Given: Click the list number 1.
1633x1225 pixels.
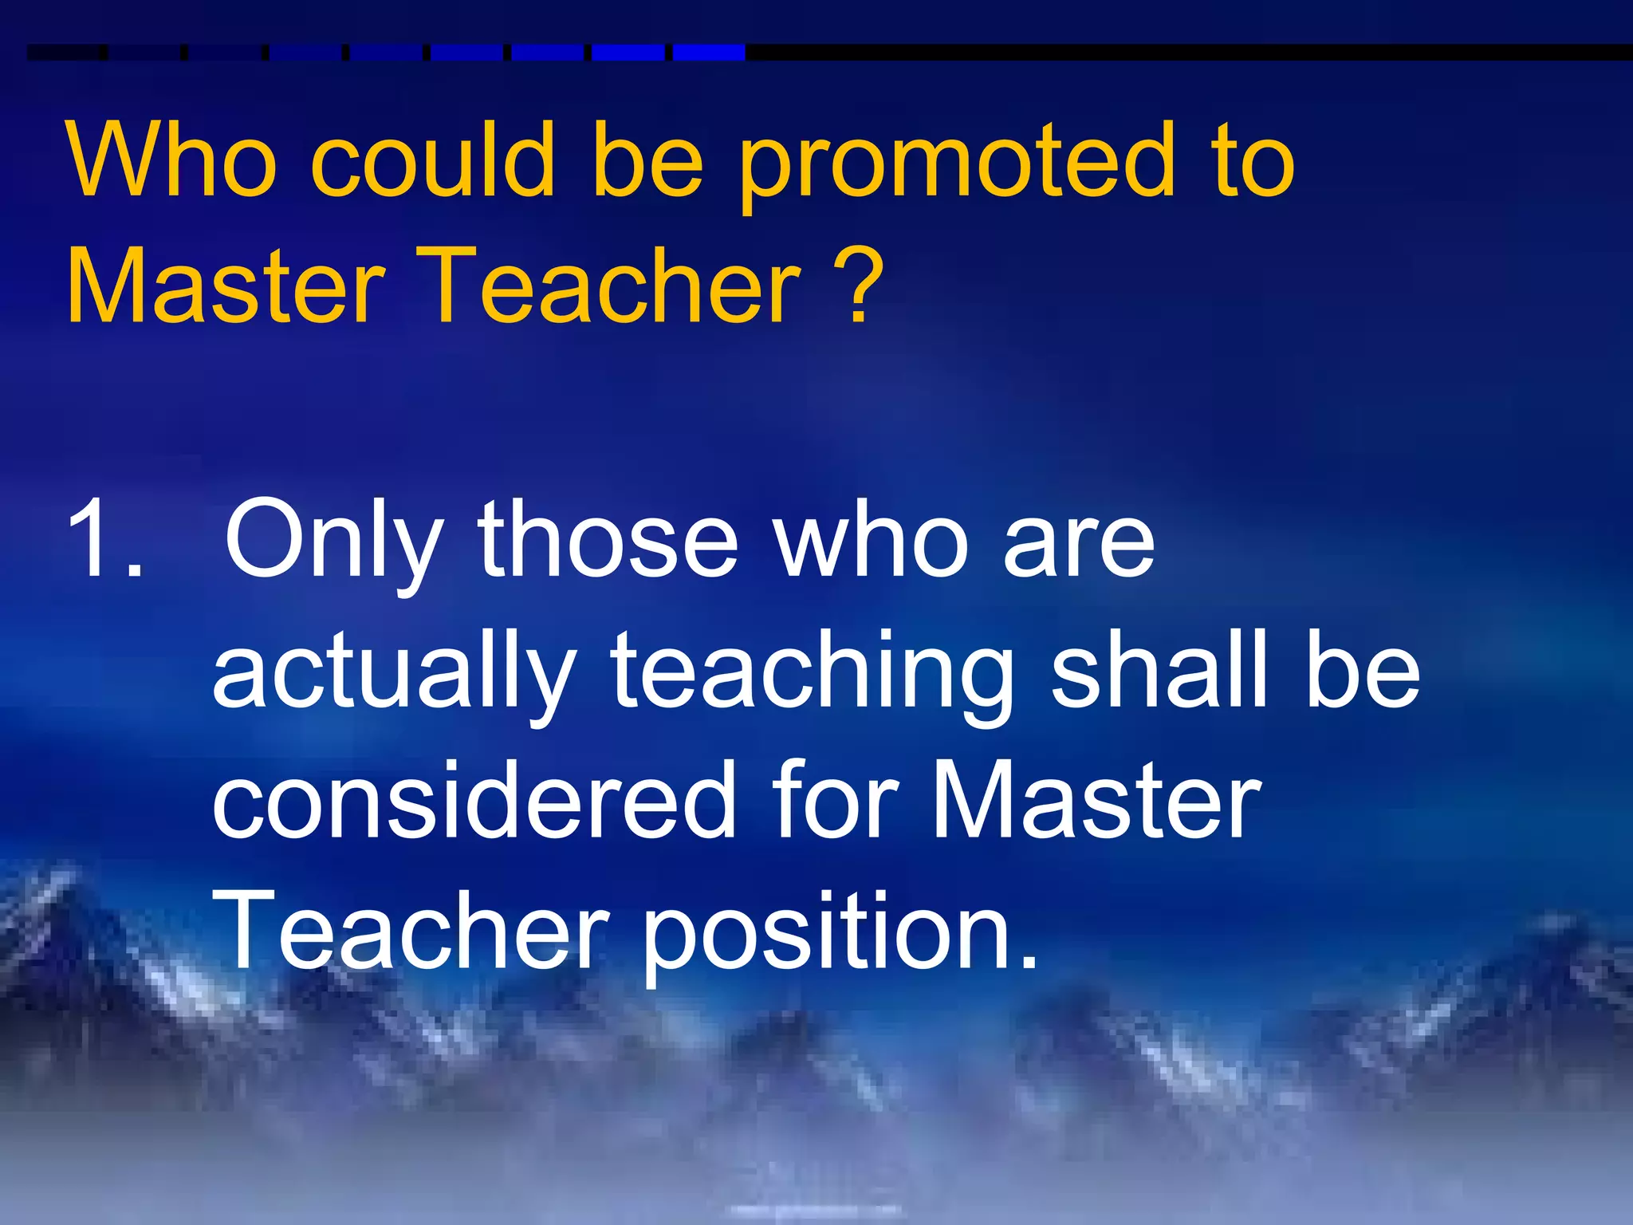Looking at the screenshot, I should (x=104, y=539).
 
